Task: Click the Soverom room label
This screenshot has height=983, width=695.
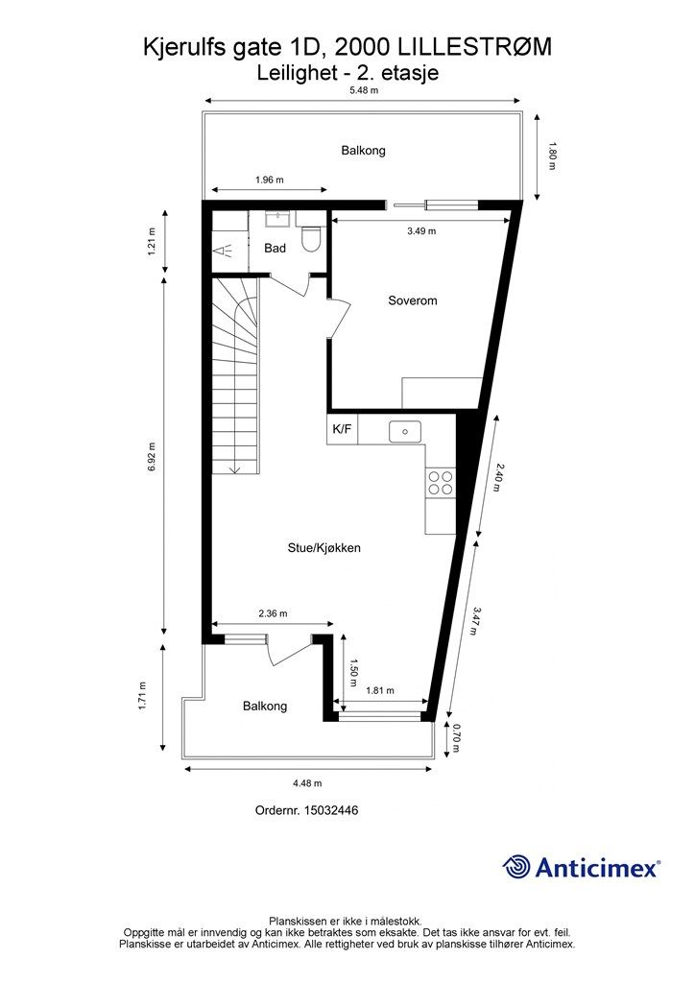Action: [x=412, y=300]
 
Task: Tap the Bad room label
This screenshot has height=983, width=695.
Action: [x=275, y=249]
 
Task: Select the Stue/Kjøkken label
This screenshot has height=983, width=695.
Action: [x=324, y=548]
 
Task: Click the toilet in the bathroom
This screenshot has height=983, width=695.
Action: [x=310, y=239]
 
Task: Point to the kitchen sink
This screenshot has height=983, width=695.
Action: [x=406, y=432]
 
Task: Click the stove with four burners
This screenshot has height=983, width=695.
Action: [x=441, y=482]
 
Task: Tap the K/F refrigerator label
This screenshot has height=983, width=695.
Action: [x=342, y=430]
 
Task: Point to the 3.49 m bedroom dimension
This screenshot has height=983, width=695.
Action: [x=420, y=231]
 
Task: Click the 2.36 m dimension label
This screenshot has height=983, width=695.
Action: [x=273, y=613]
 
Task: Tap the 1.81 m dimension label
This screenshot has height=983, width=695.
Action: [x=381, y=690]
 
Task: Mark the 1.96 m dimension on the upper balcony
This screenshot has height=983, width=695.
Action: [x=270, y=180]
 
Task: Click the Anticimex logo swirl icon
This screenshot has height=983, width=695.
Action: [x=517, y=867]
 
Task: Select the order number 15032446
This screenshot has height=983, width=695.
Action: [x=331, y=810]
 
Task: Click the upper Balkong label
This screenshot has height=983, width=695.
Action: [x=363, y=151]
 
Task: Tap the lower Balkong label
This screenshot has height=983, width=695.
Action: [x=265, y=706]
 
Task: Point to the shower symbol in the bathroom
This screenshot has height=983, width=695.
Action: [x=226, y=252]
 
